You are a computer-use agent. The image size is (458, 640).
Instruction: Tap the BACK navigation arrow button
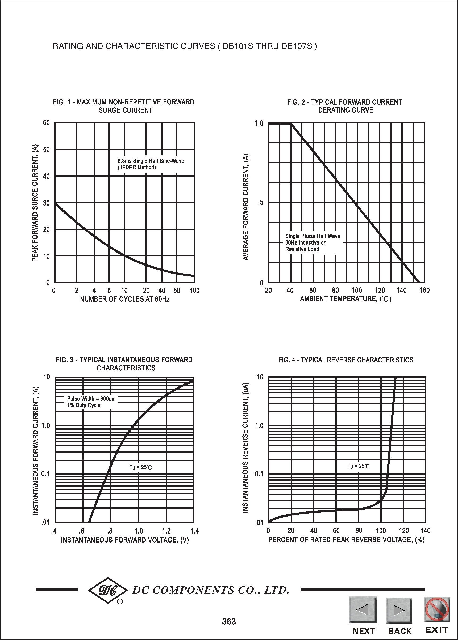pyautogui.click(x=399, y=610)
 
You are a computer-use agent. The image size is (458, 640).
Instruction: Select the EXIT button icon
pyautogui.click(x=436, y=609)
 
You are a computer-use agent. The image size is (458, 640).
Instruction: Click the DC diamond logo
pyautogui.click(x=108, y=590)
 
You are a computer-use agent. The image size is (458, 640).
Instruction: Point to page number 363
pyautogui.click(x=229, y=621)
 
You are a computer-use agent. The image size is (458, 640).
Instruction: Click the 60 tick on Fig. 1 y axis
pyautogui.click(x=46, y=123)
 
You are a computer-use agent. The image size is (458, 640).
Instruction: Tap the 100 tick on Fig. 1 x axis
pyautogui.click(x=195, y=290)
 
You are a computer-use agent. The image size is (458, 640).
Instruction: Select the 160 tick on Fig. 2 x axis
pyautogui.click(x=424, y=290)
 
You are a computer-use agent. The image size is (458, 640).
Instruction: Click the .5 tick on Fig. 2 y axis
pyautogui.click(x=260, y=203)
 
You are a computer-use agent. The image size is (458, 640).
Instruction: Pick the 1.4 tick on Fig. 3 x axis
pyautogui.click(x=195, y=531)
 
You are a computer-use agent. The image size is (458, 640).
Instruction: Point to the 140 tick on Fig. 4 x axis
pyautogui.click(x=425, y=531)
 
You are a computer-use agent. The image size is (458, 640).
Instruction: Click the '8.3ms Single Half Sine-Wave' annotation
pyautogui.click(x=151, y=161)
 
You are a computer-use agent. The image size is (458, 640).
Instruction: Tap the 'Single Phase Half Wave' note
pyautogui.click(x=313, y=236)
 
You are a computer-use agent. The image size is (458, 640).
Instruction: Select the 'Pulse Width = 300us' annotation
pyautogui.click(x=90, y=399)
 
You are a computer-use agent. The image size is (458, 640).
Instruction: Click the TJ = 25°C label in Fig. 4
pyautogui.click(x=358, y=466)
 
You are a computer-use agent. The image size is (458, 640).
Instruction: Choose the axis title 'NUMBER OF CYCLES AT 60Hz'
pyautogui.click(x=125, y=299)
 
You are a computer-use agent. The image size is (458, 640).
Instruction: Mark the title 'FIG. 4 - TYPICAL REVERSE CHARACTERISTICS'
pyautogui.click(x=345, y=360)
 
